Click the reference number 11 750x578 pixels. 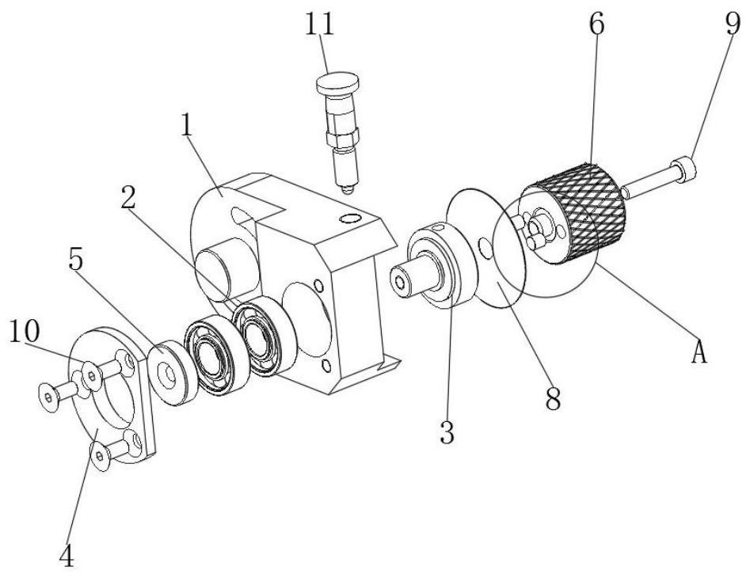319,24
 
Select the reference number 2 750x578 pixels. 128,197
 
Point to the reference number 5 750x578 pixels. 75,260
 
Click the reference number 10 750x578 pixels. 24,331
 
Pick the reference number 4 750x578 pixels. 67,555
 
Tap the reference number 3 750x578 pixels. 447,432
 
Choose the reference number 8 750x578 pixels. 553,399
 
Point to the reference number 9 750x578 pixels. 733,24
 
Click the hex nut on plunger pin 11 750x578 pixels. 341,139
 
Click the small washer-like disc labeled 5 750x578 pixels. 172,372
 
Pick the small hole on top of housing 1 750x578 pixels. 351,219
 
